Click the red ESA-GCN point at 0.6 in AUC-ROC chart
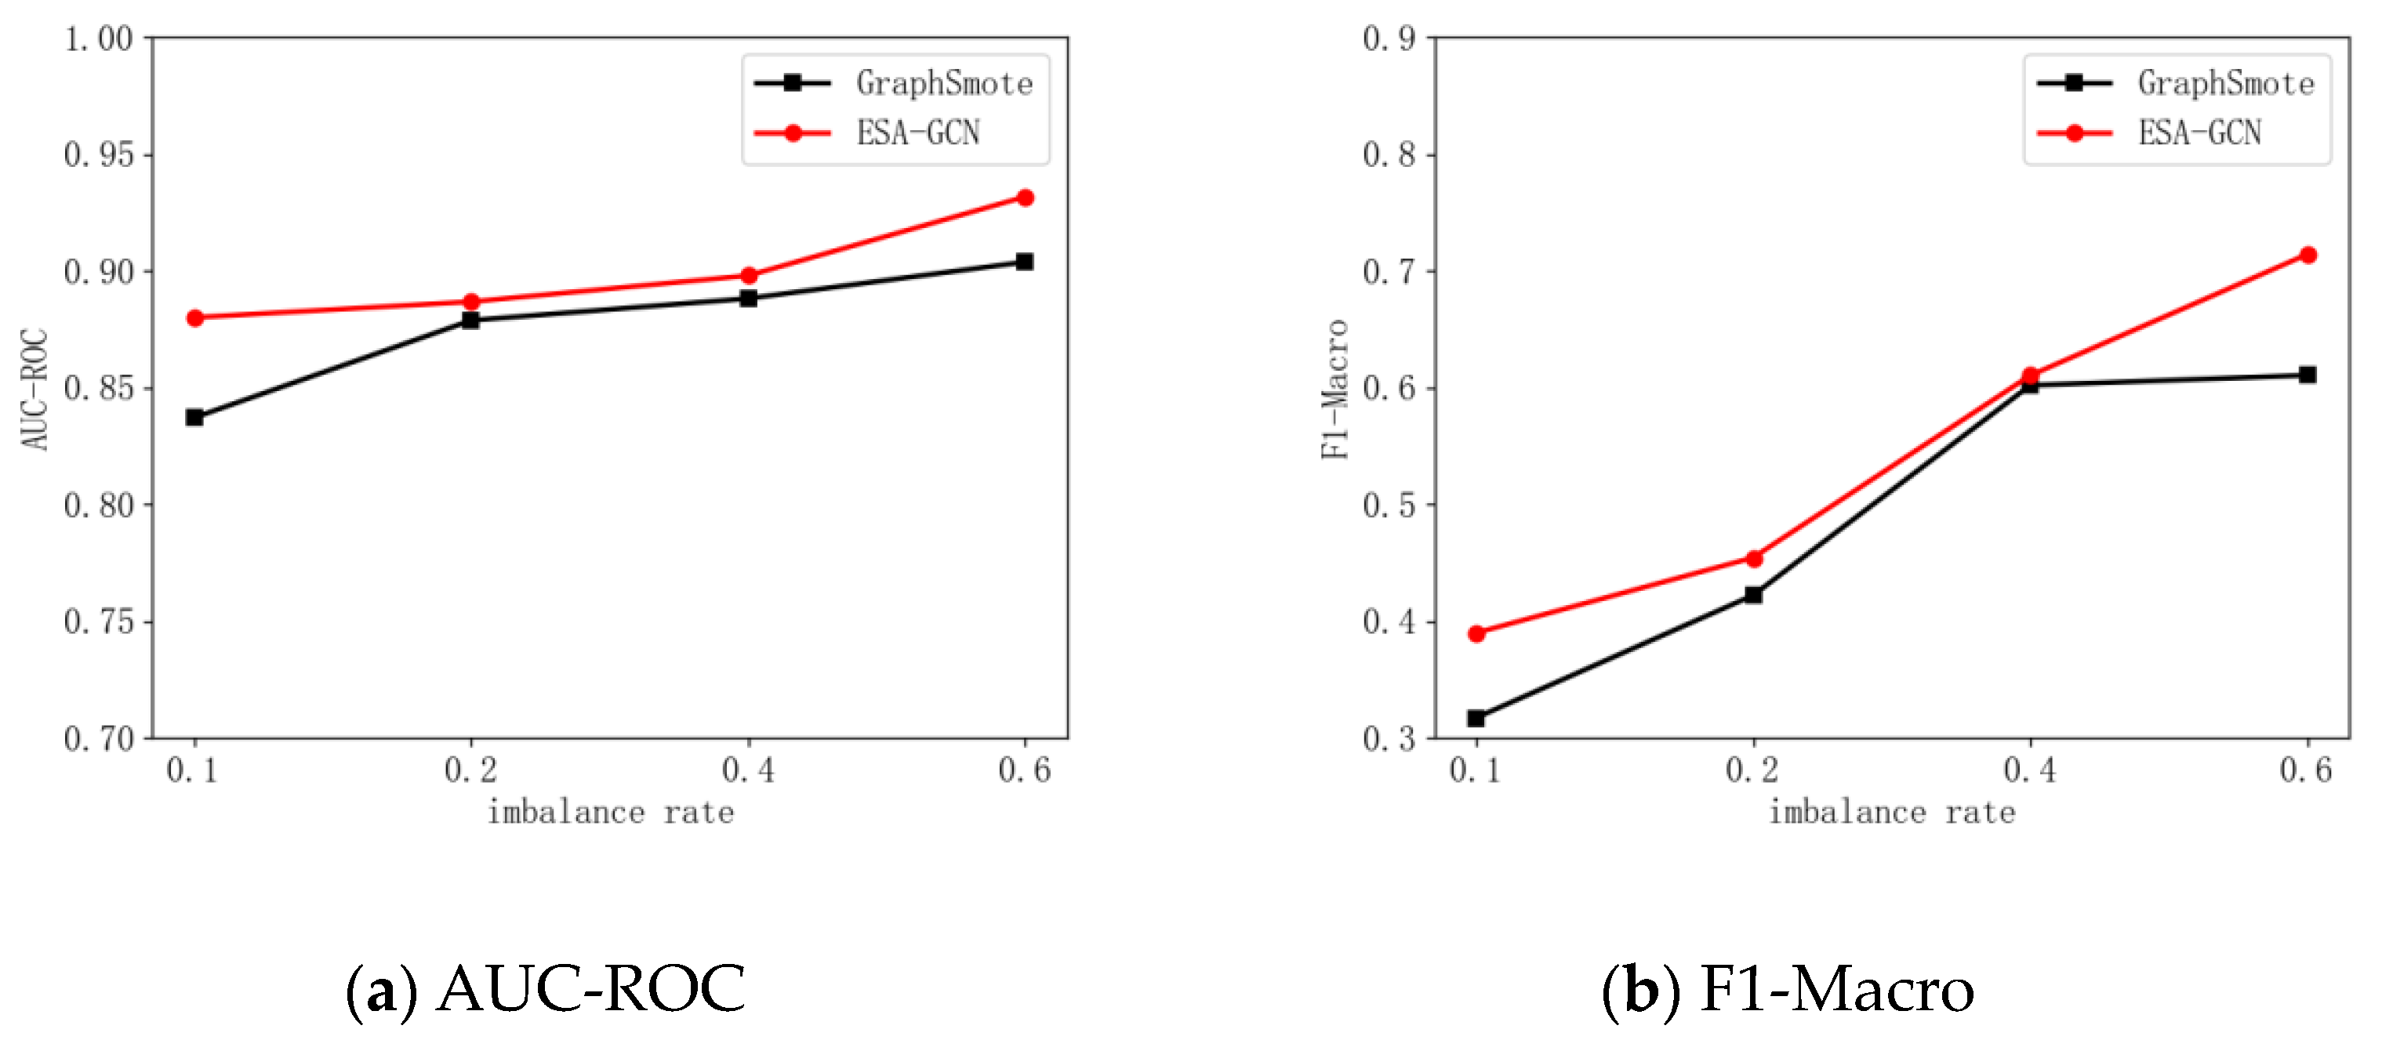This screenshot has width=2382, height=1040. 1025,197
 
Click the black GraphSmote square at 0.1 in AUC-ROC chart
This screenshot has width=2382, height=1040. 194,418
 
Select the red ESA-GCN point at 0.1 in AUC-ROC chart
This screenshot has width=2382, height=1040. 195,318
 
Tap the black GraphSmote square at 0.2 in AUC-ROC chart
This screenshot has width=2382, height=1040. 470,321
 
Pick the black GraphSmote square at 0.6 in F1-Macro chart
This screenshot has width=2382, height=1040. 2307,375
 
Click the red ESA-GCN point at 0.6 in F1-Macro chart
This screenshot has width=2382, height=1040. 2308,255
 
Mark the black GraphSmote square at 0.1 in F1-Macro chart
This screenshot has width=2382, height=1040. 1476,719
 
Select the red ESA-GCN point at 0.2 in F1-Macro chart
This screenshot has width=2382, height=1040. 1754,558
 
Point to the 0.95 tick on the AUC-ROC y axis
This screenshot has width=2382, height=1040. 98,155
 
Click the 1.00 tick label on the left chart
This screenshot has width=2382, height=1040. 98,39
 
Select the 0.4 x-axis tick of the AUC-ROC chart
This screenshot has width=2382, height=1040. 748,769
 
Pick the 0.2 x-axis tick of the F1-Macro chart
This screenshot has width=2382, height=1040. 1752,769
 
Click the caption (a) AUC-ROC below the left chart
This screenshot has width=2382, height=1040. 546,989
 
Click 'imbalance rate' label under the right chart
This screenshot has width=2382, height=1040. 1892,813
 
